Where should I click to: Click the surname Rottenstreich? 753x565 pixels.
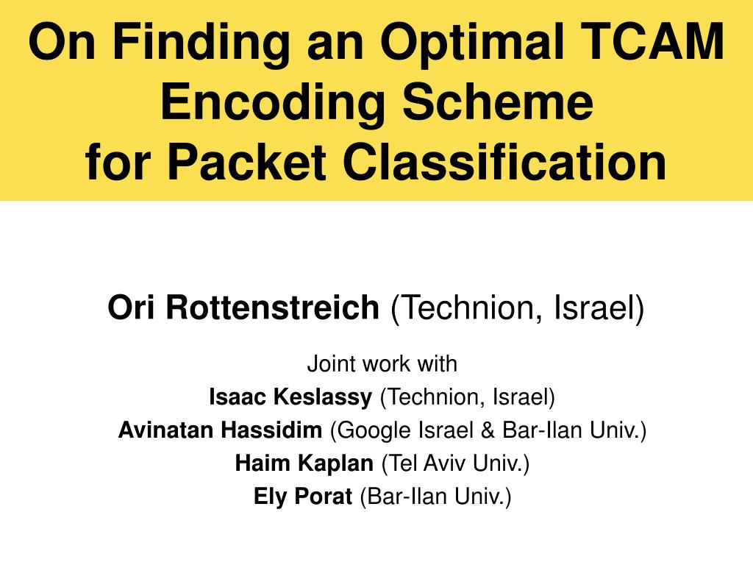coord(271,308)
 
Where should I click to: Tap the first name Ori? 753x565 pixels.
coord(133,308)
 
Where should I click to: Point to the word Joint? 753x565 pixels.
coord(327,363)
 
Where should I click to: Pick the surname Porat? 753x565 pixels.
coord(324,497)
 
